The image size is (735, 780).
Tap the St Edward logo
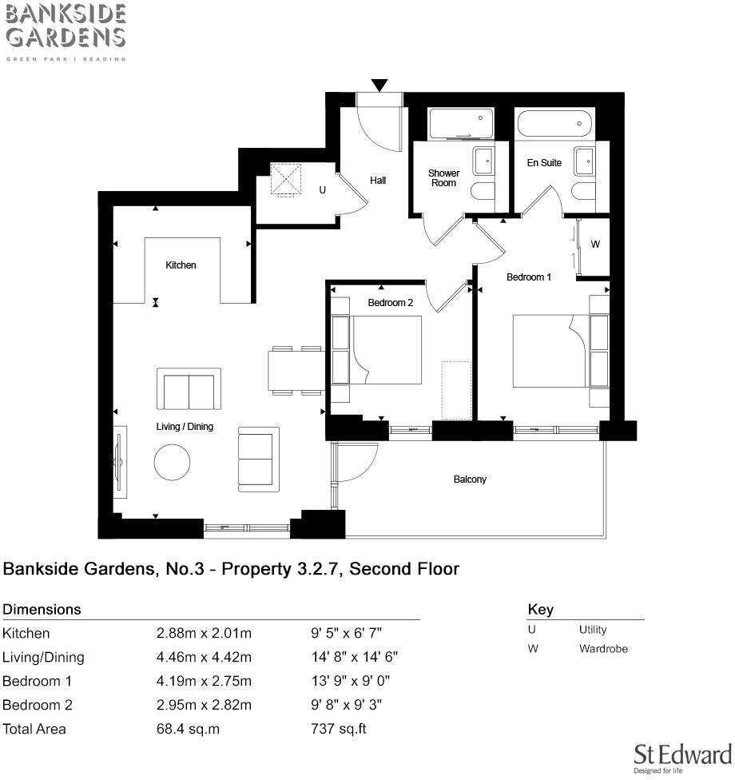(682, 757)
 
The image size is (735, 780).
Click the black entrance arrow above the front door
(379, 85)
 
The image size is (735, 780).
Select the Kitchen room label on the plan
(181, 265)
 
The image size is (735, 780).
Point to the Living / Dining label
(185, 427)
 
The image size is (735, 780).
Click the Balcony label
(470, 480)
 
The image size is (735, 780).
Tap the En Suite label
(544, 163)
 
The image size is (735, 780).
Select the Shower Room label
(443, 177)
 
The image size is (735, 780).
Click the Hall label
(378, 181)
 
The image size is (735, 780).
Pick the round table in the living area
(172, 462)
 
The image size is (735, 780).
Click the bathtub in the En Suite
(554, 125)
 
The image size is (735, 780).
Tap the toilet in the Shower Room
(483, 192)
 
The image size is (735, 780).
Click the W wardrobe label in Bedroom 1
(595, 245)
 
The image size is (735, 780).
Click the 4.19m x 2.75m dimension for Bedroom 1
(204, 681)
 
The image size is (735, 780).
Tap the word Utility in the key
(593, 630)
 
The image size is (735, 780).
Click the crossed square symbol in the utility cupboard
(287, 179)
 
